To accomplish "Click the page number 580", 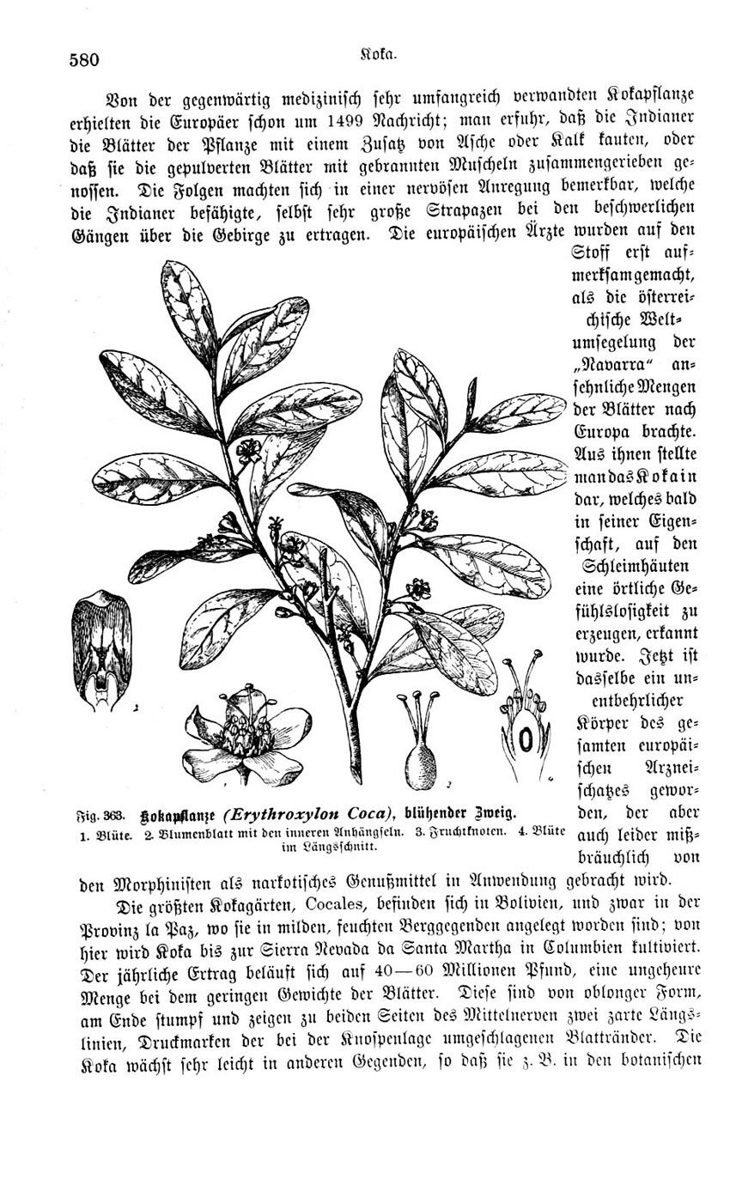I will (84, 59).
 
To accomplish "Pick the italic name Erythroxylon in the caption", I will (311, 813).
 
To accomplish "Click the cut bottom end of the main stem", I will (353, 773).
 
